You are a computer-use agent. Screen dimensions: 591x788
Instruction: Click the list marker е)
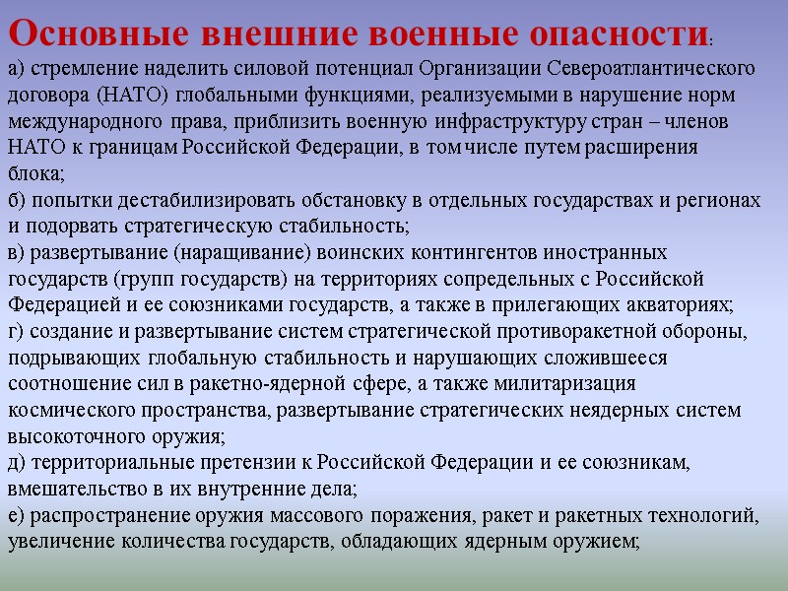pos(17,515)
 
